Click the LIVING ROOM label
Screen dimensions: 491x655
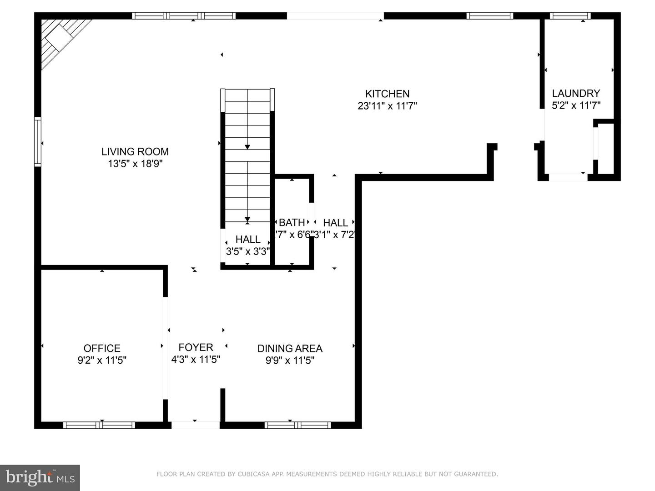(135, 152)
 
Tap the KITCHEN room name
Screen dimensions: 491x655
(387, 94)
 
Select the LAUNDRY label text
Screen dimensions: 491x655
(576, 93)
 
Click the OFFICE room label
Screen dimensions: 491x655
(102, 348)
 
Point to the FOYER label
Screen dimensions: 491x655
(196, 347)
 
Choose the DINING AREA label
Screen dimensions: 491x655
(290, 348)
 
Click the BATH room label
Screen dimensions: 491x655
(292, 222)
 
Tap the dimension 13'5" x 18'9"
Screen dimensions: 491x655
(135, 164)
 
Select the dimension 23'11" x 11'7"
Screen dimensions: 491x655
(387, 106)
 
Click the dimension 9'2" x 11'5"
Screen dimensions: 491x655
(102, 361)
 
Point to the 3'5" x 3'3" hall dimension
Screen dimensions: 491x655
(248, 251)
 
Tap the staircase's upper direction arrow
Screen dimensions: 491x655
(247, 146)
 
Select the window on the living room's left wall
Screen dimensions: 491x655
(38, 142)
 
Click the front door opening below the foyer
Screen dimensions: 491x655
(195, 425)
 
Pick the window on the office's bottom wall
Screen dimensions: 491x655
(99, 425)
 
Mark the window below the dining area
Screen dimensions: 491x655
(297, 425)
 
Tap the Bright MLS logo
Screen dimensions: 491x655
(40, 477)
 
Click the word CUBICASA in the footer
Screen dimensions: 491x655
(251, 474)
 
